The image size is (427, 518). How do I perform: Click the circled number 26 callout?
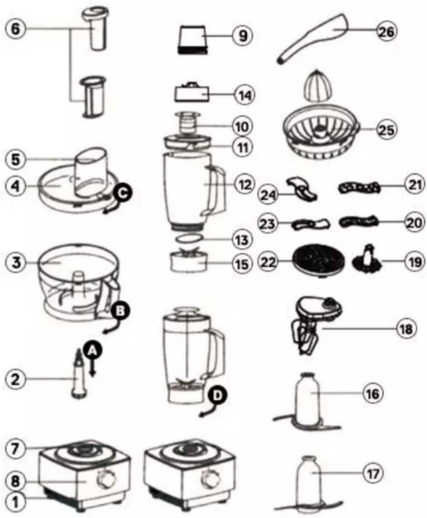(387, 31)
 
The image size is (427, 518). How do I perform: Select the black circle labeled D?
(217, 395)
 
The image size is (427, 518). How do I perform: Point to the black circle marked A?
(92, 351)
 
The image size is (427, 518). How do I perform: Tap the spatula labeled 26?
(313, 40)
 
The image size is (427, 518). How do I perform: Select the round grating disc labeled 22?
(318, 261)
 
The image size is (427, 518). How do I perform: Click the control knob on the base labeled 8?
(107, 480)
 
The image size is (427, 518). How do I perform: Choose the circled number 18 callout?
(407, 329)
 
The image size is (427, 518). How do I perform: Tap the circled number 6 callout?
(15, 29)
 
